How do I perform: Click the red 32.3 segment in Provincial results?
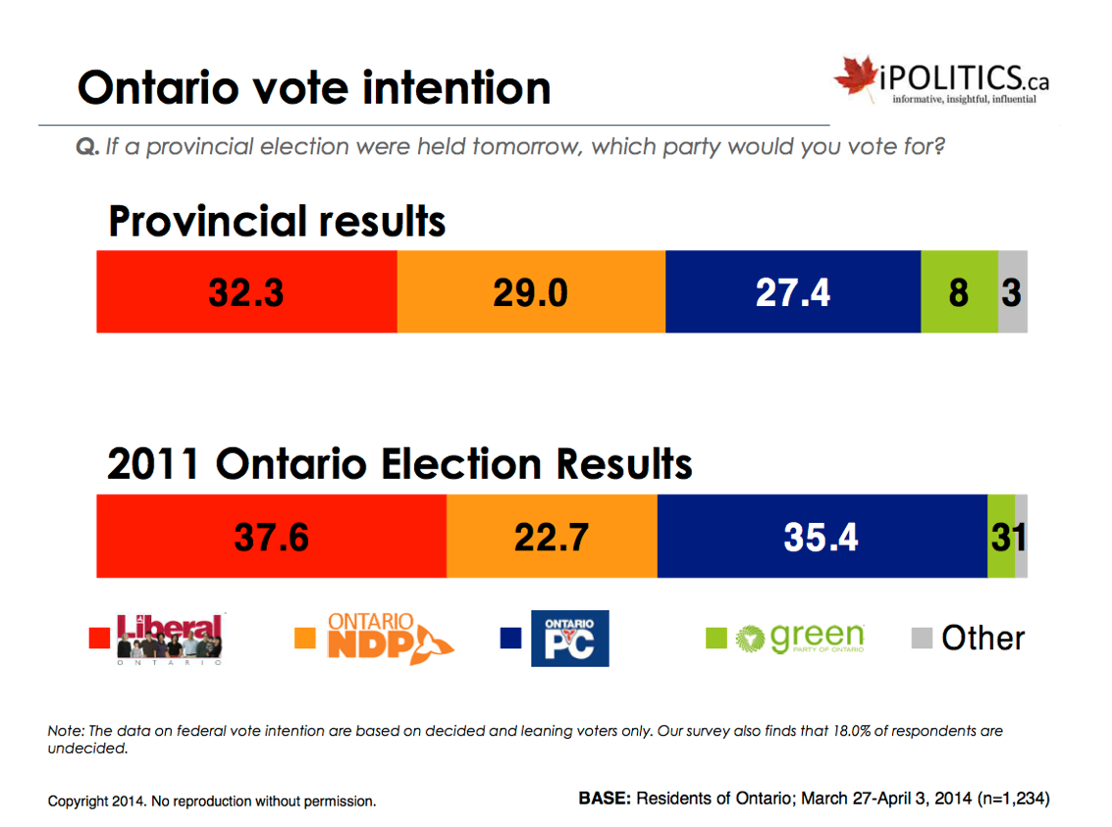point(245,291)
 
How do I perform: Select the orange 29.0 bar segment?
point(530,291)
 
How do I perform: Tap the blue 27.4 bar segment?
point(792,291)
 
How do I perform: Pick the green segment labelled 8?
point(959,291)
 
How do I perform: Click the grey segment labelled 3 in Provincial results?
point(1013,291)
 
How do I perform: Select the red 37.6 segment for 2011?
point(271,537)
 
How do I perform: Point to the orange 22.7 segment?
point(552,537)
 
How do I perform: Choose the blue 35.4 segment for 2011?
point(821,537)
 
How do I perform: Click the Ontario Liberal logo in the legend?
point(170,639)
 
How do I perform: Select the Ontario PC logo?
point(569,639)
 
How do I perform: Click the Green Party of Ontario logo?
point(800,639)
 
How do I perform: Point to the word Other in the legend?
point(982,639)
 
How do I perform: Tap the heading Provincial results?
point(277,222)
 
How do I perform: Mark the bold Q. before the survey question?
point(87,147)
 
